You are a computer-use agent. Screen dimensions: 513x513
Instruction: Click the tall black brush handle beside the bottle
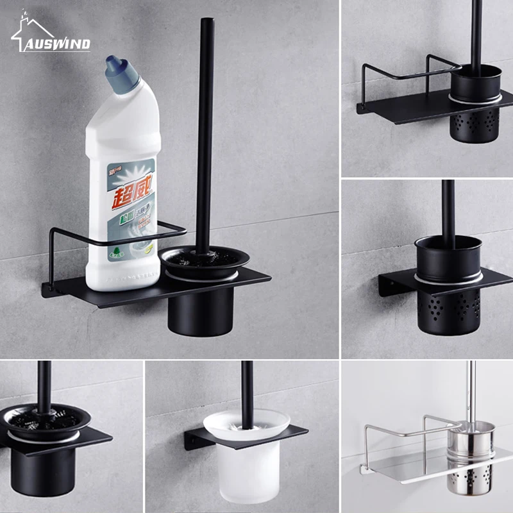205,128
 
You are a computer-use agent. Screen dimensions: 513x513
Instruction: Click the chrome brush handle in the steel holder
471,391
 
